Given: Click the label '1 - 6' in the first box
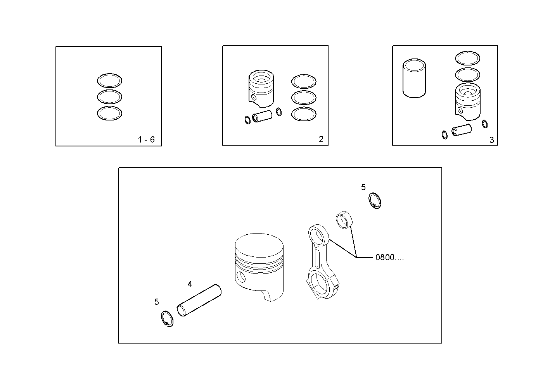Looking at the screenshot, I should [146, 140].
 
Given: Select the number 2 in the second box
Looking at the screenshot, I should [321, 139].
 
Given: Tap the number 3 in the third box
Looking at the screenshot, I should [491, 140].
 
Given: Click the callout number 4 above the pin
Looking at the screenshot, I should [190, 284].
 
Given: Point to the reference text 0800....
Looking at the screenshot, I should [389, 258].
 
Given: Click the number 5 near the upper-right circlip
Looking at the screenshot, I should [363, 187].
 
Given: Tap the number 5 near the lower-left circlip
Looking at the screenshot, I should [157, 302].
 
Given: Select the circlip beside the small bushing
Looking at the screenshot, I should [375, 201].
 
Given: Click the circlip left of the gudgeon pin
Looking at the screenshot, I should [167, 319].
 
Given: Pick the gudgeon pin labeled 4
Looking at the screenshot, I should [199, 301].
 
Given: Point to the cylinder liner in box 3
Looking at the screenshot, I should [414, 78].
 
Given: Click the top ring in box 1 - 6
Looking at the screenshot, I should [109, 81].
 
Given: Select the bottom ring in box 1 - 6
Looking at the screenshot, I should [109, 113].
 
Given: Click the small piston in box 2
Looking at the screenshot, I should [261, 88].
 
